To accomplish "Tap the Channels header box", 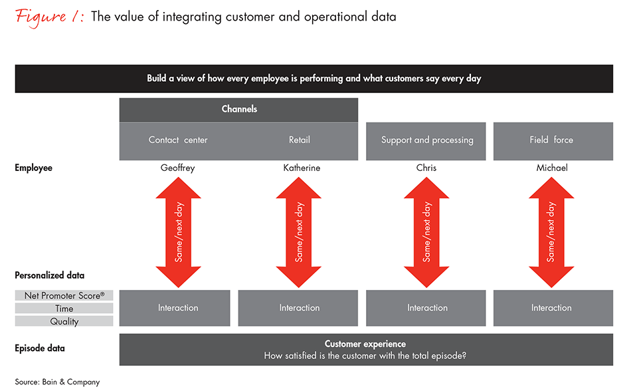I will coord(238,109).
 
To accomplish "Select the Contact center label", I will coord(178,140).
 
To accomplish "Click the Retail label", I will coord(300,140).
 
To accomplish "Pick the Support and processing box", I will coord(427,140).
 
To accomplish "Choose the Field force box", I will coord(551,140).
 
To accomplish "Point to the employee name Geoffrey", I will coord(178,168).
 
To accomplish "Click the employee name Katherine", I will coord(302,168).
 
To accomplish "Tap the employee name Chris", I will coord(426,168).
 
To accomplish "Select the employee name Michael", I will coord(552,168).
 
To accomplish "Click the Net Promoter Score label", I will coord(64,295).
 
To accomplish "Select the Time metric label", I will coord(64,309).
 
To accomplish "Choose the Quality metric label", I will coord(64,321).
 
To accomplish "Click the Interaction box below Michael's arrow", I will coord(551,308).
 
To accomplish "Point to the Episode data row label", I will coord(40,348).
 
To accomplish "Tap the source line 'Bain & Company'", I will coord(57,382).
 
